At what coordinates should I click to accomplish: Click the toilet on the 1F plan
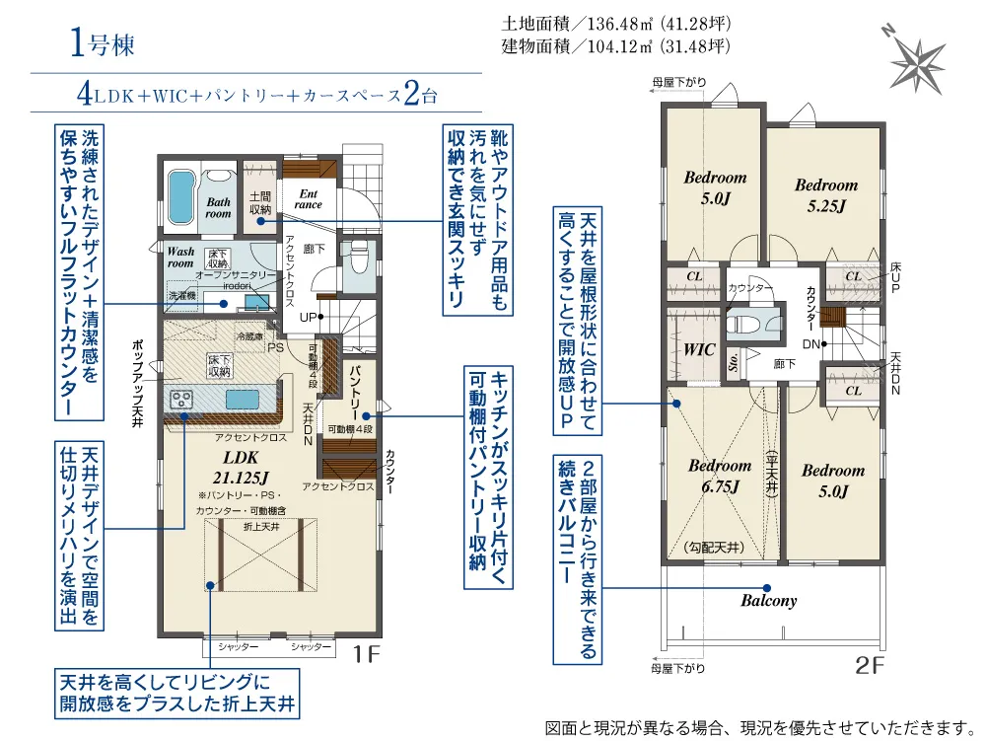pos(359,258)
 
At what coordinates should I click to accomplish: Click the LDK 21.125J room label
pos(241,468)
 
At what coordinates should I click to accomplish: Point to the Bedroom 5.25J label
pos(826,195)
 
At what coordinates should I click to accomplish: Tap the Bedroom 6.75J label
pos(720,476)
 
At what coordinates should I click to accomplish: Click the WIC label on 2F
pos(699,349)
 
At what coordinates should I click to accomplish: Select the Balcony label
pos(768,600)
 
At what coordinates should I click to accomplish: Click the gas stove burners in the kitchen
pos(181,399)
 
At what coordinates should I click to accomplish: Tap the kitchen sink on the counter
pos(243,400)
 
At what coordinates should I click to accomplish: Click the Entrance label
pos(308,198)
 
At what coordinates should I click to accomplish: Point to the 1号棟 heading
pos(102,44)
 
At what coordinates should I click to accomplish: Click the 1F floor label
pos(366,654)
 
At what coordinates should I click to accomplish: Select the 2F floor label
pos(871,665)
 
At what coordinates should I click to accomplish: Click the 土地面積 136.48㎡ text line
pos(615,24)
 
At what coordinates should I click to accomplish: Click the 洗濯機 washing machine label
pos(182,295)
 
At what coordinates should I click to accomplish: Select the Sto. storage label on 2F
pos(734,362)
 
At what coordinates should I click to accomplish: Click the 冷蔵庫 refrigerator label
pos(250,336)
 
